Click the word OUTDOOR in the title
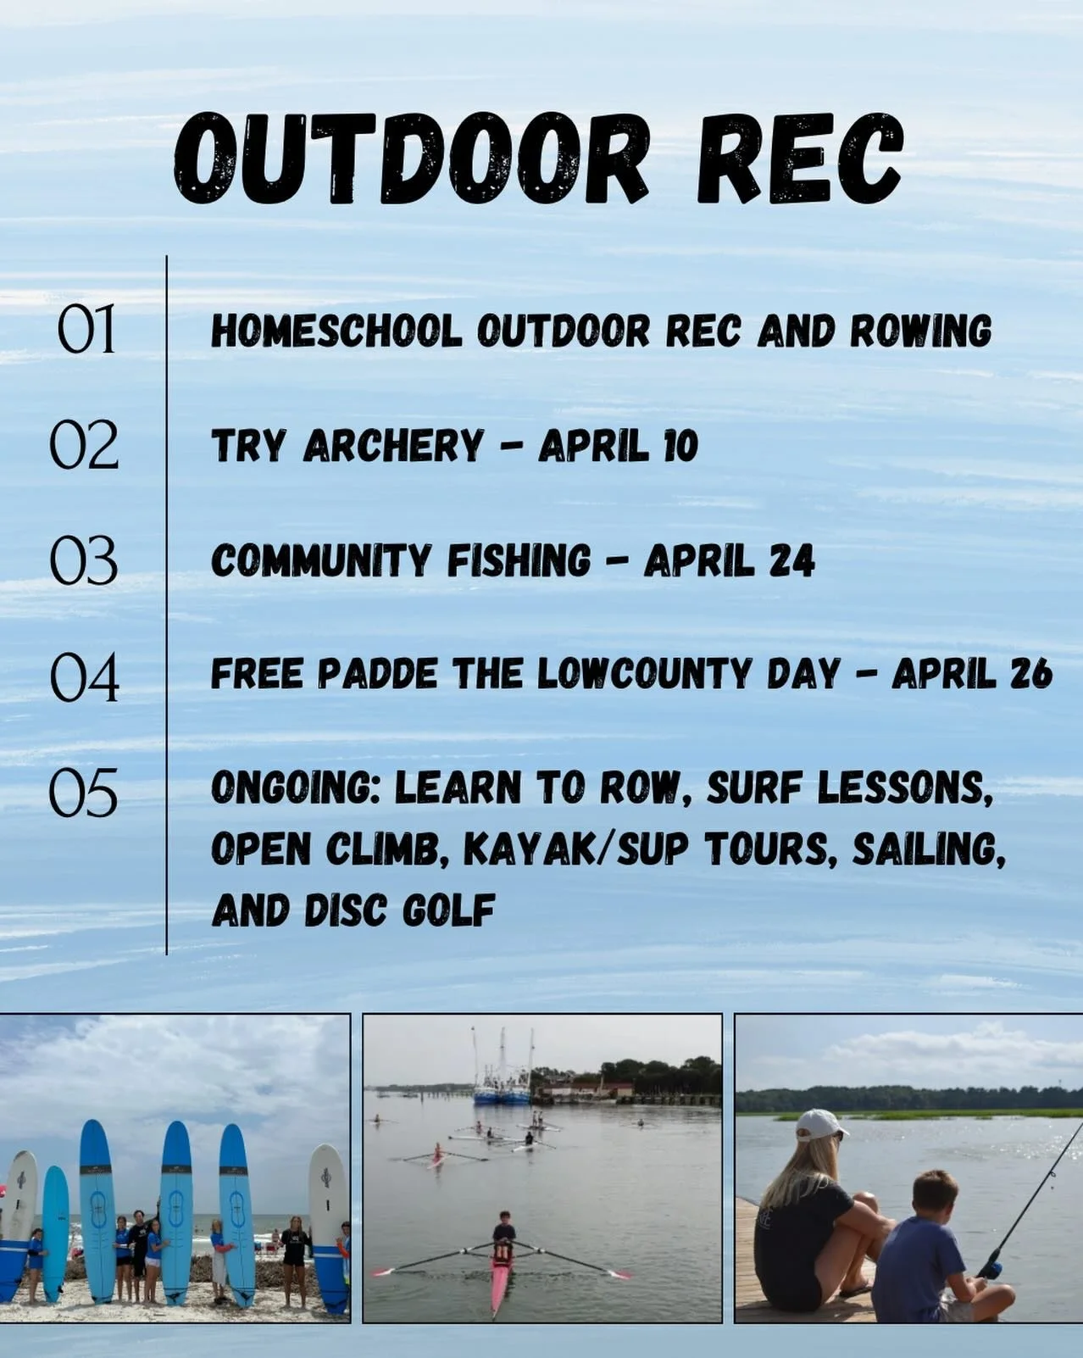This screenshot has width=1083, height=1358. [x=411, y=159]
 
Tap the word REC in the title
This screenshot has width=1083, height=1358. [x=799, y=159]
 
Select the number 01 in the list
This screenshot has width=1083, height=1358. [x=86, y=331]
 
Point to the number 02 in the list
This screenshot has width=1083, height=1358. [x=84, y=445]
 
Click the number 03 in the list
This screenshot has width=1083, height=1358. [x=83, y=561]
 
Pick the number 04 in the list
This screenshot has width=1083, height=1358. [x=84, y=677]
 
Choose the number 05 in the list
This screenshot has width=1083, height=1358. [x=83, y=793]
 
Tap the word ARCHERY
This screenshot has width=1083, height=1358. [x=393, y=446]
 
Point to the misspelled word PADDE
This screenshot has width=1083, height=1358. [x=378, y=675]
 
